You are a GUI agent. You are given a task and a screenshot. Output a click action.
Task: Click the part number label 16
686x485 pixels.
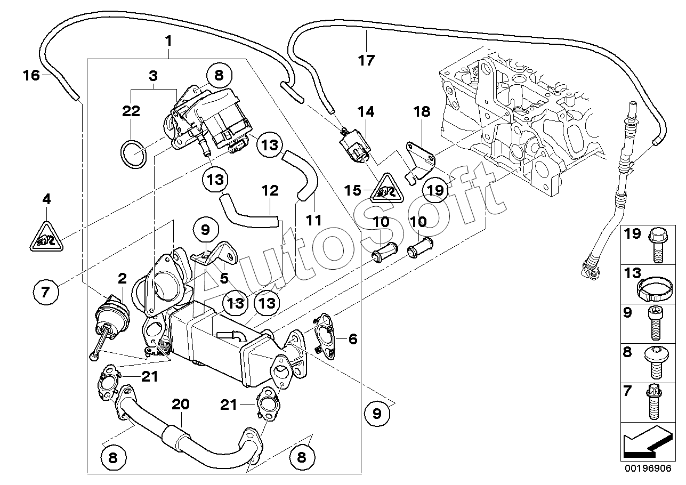click(31, 75)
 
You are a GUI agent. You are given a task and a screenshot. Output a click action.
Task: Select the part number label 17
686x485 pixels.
click(366, 60)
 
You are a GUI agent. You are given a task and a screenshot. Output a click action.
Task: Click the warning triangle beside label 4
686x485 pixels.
click(46, 237)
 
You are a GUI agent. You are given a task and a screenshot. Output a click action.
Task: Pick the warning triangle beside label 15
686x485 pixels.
click(387, 189)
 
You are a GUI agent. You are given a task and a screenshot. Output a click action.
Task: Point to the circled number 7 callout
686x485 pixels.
click(46, 292)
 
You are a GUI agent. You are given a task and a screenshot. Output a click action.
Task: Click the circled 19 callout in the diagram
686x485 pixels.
click(435, 190)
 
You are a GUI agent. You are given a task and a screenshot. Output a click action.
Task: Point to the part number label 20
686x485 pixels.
click(180, 404)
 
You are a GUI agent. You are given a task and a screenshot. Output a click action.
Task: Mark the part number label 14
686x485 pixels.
click(366, 112)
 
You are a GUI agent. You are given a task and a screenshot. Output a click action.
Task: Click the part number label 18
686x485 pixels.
click(422, 112)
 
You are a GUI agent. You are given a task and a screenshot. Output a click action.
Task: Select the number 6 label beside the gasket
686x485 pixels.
click(353, 339)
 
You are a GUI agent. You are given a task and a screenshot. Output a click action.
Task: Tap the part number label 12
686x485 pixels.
click(270, 190)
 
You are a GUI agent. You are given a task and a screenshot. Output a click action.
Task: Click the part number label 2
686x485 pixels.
click(122, 278)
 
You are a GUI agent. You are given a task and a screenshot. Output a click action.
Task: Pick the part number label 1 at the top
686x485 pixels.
click(168, 41)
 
